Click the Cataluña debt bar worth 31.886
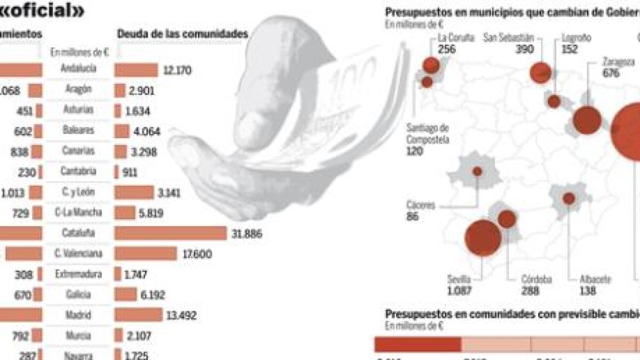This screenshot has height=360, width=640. [170, 233]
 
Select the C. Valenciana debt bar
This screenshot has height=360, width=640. [145, 254]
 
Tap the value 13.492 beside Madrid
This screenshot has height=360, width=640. [181, 316]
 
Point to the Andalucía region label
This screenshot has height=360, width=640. [78, 69]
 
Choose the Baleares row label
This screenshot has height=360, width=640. [78, 130]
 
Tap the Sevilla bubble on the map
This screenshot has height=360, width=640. [483, 238]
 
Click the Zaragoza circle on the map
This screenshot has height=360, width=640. [587, 119]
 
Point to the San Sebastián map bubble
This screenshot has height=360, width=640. [541, 73]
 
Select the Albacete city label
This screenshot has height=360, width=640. [595, 279]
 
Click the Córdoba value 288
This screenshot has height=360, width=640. [531, 291]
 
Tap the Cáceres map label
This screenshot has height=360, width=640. [421, 205]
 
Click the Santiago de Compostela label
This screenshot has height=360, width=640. [427, 133]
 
